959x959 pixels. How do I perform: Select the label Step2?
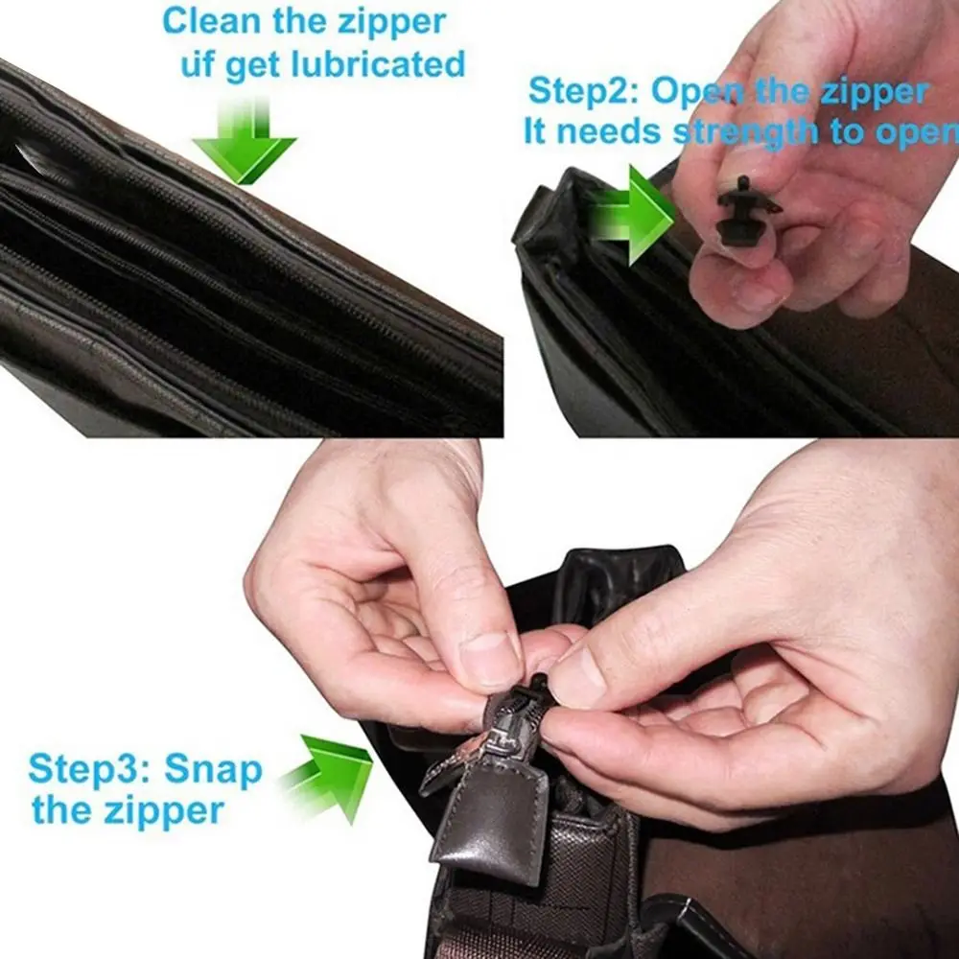pyautogui.click(x=584, y=93)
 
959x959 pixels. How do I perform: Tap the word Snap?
pyautogui.click(x=213, y=769)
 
